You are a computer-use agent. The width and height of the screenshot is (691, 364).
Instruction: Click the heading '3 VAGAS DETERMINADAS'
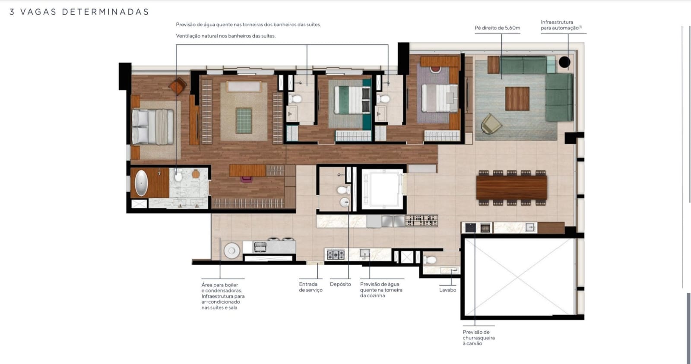coord(79,12)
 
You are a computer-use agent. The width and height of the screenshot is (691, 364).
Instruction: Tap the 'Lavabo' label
coord(447,290)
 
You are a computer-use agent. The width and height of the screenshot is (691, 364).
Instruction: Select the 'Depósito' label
coord(340,284)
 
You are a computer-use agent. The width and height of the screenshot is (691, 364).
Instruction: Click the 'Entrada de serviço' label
coord(311,287)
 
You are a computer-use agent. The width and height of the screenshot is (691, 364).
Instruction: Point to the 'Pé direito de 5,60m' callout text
coord(497,28)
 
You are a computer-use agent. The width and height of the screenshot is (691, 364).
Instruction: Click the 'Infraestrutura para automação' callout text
coord(561,25)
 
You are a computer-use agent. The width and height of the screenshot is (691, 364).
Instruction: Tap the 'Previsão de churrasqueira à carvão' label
coord(479,338)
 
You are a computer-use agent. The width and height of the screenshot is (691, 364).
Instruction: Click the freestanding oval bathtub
coord(141,183)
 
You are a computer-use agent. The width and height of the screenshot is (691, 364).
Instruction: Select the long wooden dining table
coord(511,188)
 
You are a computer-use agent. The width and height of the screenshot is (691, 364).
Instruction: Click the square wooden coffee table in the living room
coord(517,98)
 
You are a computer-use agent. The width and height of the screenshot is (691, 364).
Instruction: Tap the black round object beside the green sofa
coord(564,62)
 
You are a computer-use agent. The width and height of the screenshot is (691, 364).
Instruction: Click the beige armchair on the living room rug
coord(491,124)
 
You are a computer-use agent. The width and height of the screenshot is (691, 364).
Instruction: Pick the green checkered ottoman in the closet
coord(244,120)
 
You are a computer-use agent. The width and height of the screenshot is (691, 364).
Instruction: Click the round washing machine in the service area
coord(231,251)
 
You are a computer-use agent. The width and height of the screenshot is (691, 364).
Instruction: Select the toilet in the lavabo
coord(430,260)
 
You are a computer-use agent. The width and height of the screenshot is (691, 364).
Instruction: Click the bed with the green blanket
coord(352,100)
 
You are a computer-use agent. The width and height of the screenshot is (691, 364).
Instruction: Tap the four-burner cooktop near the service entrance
coord(335,255)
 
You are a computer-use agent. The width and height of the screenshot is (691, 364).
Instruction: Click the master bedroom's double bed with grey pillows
coord(152,127)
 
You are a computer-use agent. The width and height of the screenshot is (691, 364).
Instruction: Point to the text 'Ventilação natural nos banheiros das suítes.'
coord(225,36)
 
